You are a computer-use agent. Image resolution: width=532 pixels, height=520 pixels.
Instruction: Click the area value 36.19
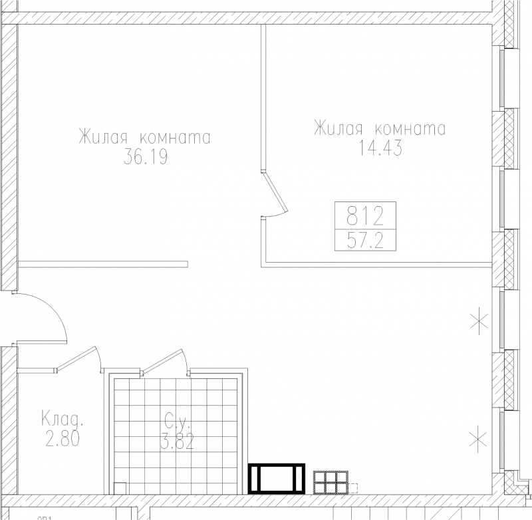(146, 158)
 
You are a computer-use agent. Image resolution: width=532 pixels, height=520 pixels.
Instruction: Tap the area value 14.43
(380, 148)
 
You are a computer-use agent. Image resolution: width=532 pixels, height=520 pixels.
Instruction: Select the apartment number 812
(365, 216)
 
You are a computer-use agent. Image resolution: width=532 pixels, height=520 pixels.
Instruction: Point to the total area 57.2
(365, 241)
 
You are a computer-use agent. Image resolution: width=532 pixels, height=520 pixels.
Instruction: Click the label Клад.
(62, 418)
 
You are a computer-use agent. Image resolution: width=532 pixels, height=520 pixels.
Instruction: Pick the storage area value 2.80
(62, 439)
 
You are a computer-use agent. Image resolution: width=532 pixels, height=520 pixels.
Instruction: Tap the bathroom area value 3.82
(177, 442)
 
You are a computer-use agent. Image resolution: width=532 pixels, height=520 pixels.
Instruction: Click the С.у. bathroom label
(176, 421)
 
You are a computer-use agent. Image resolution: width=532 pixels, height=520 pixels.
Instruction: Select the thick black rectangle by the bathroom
(277, 478)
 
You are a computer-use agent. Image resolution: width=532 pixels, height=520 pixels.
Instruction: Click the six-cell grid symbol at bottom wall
(331, 482)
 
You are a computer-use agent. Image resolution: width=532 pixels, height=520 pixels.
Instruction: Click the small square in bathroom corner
(120, 488)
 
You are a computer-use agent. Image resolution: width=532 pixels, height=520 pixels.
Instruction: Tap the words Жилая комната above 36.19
(144, 138)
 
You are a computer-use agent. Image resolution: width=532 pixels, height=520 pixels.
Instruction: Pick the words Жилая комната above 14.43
(380, 128)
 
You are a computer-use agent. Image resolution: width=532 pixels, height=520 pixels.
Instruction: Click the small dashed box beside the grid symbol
(353, 488)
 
